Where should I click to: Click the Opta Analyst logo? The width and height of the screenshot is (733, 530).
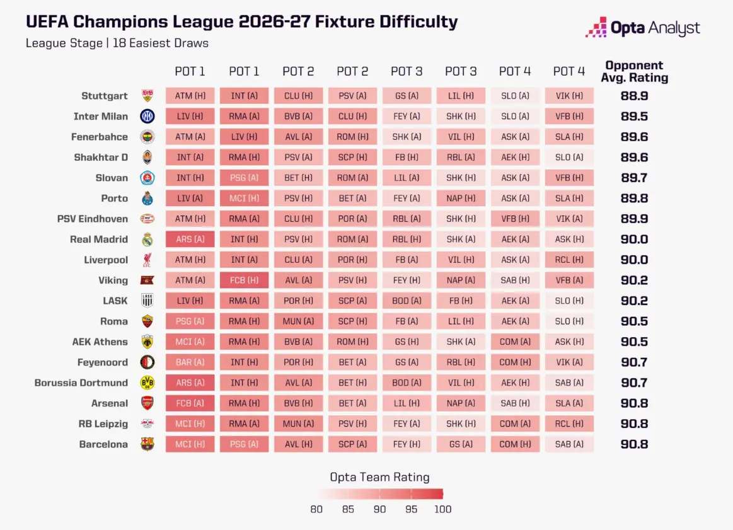point(642,28)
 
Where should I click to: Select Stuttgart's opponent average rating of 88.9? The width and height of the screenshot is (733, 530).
point(634,96)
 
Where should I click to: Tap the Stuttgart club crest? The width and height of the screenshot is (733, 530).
point(147,96)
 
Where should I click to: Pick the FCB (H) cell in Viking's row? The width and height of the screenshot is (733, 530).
point(244,280)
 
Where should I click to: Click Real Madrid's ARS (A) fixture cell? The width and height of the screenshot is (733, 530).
point(190,239)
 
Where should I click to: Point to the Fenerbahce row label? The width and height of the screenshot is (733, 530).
point(99,137)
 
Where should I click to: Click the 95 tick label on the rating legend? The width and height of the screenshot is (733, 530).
point(412,509)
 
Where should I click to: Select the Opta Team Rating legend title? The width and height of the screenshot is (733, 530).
point(379,477)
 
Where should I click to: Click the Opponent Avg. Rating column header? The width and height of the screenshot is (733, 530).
point(634,71)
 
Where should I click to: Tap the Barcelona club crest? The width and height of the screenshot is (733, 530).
point(147,444)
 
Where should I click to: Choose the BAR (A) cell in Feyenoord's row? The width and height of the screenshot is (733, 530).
point(190,362)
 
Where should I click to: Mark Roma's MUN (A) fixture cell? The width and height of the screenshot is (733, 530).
point(298,321)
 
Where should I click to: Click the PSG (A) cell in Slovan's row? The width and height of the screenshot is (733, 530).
point(244,178)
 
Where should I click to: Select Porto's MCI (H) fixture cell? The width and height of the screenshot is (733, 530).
point(244,199)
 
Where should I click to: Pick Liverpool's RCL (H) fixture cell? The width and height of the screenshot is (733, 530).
point(569,260)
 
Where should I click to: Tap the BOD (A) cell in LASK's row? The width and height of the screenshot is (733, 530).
point(407,301)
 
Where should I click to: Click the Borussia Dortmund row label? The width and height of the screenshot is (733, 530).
point(81,383)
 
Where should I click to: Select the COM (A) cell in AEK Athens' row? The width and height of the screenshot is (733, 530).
point(515,342)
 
